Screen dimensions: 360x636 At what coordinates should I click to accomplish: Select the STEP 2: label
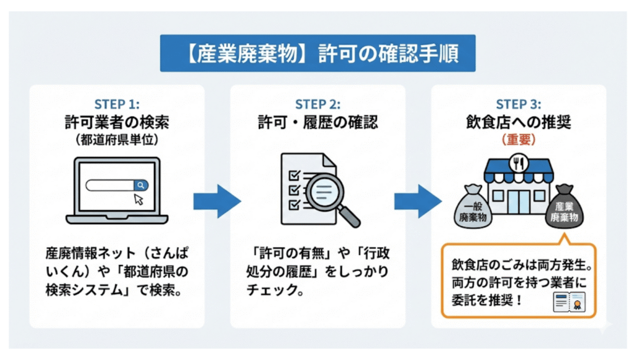click(317, 104)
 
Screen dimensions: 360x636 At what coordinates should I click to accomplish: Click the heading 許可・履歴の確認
click(317, 122)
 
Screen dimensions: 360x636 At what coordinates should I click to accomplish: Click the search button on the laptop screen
click(141, 184)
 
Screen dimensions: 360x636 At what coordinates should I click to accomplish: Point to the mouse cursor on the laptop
click(139, 199)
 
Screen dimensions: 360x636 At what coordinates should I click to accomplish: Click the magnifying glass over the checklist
click(327, 193)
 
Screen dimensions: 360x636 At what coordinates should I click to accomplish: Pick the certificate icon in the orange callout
click(570, 302)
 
